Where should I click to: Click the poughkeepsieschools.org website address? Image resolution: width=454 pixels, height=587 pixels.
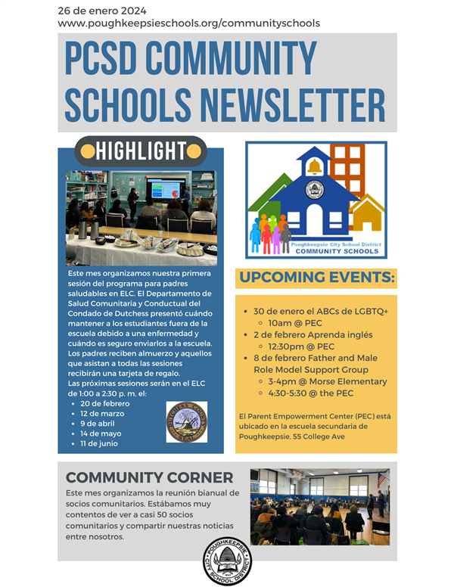188,23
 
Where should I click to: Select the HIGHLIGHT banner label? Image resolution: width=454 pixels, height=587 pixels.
141,151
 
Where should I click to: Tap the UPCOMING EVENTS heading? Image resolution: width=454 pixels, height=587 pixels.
317,278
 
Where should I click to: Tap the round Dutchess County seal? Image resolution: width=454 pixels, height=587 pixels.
186,422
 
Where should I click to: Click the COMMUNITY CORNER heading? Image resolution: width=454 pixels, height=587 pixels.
149,477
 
